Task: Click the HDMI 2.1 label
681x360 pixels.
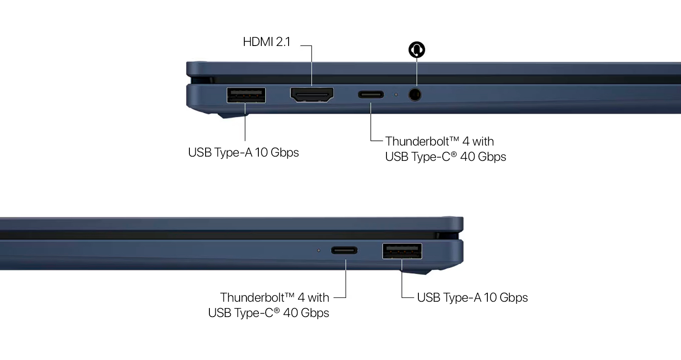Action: pos(266,42)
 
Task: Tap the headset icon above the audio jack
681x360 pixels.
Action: pos(417,49)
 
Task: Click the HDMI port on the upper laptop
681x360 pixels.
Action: pos(312,94)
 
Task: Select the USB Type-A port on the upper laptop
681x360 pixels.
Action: pos(246,95)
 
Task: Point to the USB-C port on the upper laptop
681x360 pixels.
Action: pos(371,94)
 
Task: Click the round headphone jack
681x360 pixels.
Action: pos(415,94)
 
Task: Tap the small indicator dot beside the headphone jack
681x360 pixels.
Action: pos(396,95)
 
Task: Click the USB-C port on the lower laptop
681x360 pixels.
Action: pos(344,250)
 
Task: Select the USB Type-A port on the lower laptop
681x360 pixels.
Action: pos(402,251)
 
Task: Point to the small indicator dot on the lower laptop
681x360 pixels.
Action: pos(319,251)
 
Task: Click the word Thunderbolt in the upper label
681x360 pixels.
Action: pos(422,141)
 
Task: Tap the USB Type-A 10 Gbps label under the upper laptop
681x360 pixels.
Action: pos(243,152)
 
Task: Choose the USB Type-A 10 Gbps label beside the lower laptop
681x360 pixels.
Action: pos(472,298)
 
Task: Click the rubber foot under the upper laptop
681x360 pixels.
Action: pos(233,116)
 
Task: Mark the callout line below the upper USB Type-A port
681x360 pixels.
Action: pos(245,122)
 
